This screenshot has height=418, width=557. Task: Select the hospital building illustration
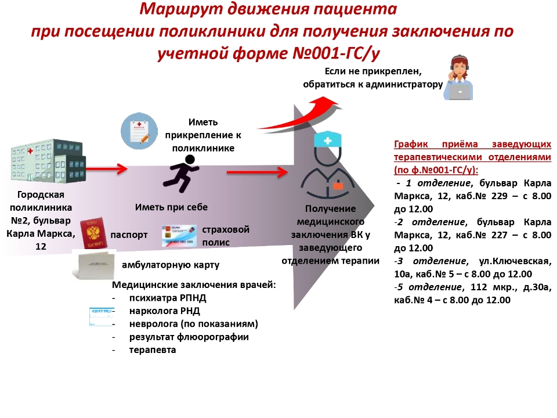click(x=49, y=163)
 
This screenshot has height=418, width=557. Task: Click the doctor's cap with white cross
click(x=328, y=140)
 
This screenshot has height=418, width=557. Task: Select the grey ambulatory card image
click(x=92, y=265)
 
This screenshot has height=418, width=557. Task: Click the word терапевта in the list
click(x=153, y=349)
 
